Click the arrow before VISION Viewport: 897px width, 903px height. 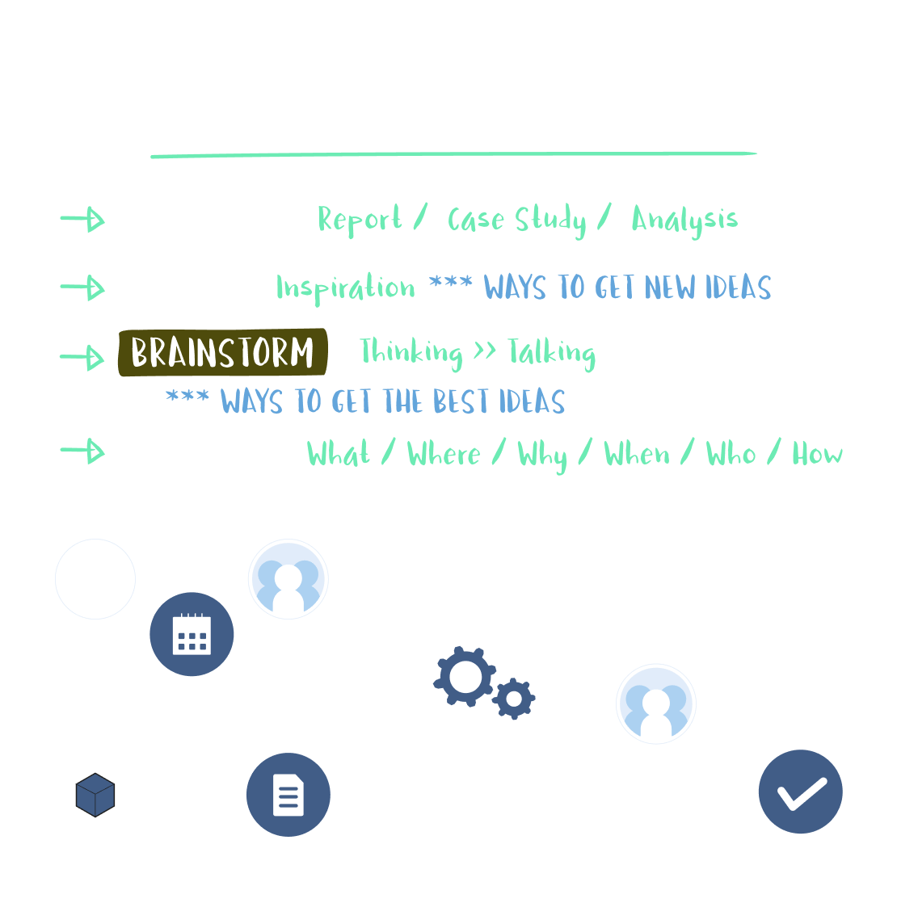[x=82, y=288]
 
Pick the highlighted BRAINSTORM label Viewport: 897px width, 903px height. [x=222, y=353]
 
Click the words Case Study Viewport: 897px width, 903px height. [x=516, y=220]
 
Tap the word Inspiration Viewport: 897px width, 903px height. [x=345, y=288]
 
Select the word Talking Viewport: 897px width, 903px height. [x=551, y=353]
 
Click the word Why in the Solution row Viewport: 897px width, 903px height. [x=542, y=455]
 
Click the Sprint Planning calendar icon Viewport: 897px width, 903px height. [x=192, y=635]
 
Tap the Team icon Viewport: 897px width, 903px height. [x=288, y=580]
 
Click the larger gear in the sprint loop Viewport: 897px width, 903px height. [x=465, y=677]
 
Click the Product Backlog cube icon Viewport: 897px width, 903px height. [x=95, y=795]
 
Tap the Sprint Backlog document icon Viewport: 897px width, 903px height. [x=288, y=795]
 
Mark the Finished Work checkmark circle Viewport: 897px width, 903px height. [x=801, y=792]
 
